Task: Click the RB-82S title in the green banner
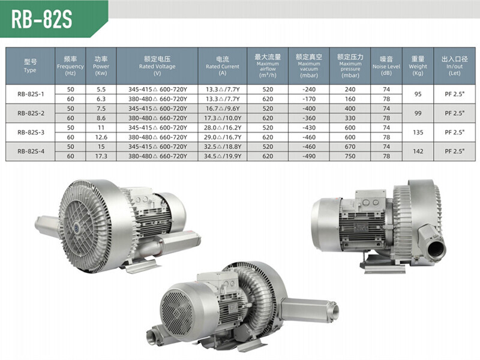pyautogui.click(x=41, y=19)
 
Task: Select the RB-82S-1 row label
pyautogui.click(x=31, y=94)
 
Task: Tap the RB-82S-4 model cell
pyautogui.click(x=31, y=151)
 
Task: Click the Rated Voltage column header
pyautogui.click(x=157, y=66)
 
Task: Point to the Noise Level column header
pyautogui.click(x=386, y=66)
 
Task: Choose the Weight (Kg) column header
pyautogui.click(x=418, y=66)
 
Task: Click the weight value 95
pyautogui.click(x=418, y=94)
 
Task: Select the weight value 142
pyautogui.click(x=418, y=151)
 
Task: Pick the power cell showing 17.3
pyautogui.click(x=101, y=156)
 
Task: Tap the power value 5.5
pyautogui.click(x=101, y=89)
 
